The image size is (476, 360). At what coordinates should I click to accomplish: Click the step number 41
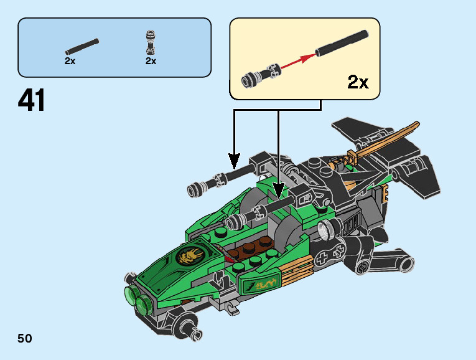(32, 101)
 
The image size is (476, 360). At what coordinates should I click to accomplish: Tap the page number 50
(25, 339)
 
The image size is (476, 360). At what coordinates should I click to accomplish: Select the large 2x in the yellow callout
(358, 82)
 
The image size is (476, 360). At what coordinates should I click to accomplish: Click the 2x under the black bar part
(70, 61)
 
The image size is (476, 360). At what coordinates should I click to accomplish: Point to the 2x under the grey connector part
(151, 61)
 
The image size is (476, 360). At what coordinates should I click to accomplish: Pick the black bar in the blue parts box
(82, 45)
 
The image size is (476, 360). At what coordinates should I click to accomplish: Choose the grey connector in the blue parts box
(150, 42)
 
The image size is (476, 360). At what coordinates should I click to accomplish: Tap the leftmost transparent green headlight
(131, 293)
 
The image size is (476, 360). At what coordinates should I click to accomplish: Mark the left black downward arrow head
(234, 163)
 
